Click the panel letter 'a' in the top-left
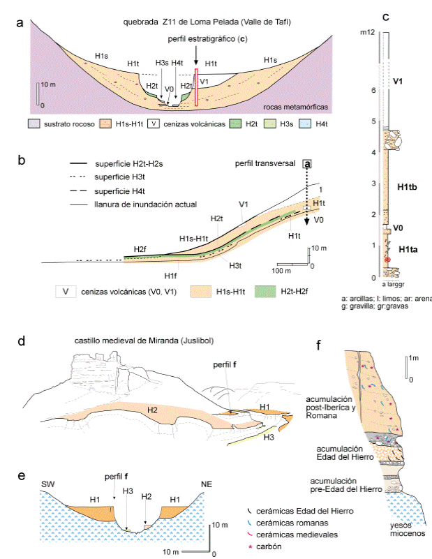point(20,24)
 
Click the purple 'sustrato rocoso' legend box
point(33,125)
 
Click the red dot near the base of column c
point(384,260)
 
